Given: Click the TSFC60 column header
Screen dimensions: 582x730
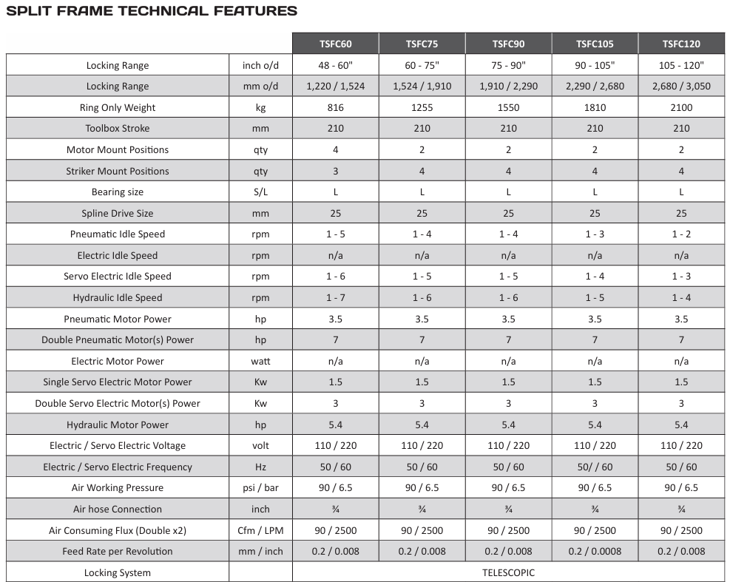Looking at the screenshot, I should tap(335, 44).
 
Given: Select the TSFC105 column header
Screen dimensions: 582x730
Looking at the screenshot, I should tap(595, 44).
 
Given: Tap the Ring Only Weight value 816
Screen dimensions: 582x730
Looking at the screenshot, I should tap(335, 107).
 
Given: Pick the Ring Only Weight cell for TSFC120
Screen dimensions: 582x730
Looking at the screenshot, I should tap(681, 107).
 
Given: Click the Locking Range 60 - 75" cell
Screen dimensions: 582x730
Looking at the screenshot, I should tap(422, 65).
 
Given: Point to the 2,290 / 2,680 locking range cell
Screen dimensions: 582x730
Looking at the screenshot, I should tap(595, 86).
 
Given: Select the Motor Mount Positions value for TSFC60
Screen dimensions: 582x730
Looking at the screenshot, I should tap(335, 149).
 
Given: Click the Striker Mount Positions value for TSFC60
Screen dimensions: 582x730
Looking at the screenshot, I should tap(335, 171).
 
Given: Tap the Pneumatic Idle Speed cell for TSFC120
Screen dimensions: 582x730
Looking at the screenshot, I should tap(681, 234).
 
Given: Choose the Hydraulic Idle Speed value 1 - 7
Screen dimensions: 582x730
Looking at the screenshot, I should tap(335, 297).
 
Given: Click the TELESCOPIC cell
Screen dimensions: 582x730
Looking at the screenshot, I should tap(508, 572).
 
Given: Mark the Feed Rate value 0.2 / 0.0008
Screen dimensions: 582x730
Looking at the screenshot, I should tap(595, 551).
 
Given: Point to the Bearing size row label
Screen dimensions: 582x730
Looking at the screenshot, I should tap(118, 192).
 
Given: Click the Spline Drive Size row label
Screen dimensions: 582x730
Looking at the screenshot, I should tap(118, 213).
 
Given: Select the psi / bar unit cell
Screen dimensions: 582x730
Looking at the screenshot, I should tap(260, 487).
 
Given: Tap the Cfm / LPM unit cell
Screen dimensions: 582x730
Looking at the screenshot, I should tap(260, 530).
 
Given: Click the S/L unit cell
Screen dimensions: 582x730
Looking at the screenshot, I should tap(260, 192).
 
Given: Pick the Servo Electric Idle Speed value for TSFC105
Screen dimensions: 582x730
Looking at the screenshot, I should tap(595, 276).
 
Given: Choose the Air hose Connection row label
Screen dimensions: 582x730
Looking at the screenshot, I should tap(118, 509).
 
